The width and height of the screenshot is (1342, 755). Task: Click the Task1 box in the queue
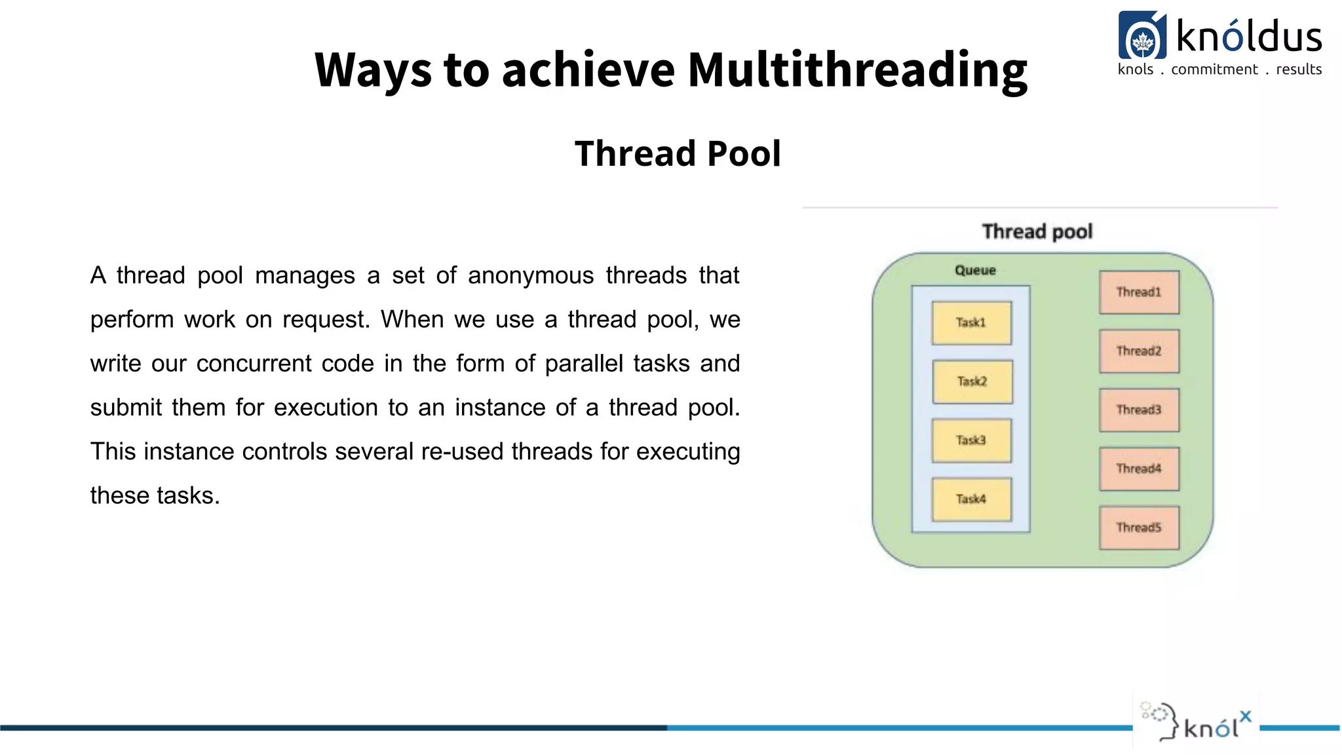pos(971,322)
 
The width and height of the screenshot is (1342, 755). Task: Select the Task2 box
pos(972,381)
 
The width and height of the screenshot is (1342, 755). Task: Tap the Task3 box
pos(971,440)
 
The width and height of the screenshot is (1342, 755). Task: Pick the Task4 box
pos(971,499)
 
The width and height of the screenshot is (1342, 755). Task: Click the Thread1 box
pos(1139,292)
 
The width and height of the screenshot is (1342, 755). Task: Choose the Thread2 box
pos(1139,351)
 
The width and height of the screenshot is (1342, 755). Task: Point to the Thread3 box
pos(1139,410)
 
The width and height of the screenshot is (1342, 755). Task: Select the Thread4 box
pos(1139,469)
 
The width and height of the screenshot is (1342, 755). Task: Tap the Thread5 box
pos(1139,528)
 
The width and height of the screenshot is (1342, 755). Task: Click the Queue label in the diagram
pos(975,271)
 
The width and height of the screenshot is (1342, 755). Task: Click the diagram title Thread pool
pos(1037,232)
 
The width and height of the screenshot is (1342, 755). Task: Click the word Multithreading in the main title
pos(857,70)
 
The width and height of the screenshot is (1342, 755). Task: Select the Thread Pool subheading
pos(678,154)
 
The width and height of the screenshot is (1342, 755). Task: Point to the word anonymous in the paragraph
pos(530,276)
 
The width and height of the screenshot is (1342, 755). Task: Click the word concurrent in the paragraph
pos(254,364)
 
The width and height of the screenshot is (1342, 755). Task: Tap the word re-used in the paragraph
pos(462,452)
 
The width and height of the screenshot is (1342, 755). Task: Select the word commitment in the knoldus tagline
pos(1214,69)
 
